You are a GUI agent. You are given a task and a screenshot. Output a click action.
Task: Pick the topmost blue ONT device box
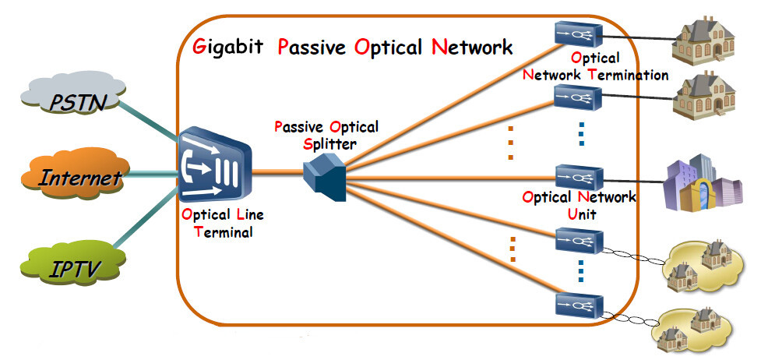pos(576,33)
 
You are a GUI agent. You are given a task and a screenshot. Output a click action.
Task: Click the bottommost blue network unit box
pos(576,304)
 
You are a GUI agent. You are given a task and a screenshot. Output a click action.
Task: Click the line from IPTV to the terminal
pos(148,224)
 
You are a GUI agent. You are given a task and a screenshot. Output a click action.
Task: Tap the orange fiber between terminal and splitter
pos(277,173)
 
